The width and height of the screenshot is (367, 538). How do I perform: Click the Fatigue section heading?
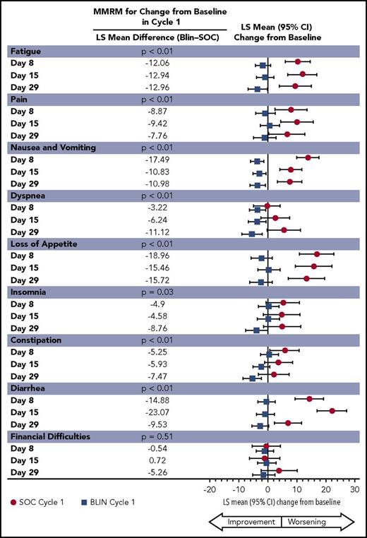25,52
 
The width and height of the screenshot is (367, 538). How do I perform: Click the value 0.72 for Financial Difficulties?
156,460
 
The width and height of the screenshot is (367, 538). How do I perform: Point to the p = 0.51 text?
157,436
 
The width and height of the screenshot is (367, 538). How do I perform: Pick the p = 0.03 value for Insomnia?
157,292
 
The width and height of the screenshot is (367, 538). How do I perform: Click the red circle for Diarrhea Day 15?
332,411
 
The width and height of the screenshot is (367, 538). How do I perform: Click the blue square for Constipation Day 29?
253,378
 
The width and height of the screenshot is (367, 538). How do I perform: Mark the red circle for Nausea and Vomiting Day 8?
308,157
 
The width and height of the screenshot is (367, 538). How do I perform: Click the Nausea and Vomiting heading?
52,148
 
